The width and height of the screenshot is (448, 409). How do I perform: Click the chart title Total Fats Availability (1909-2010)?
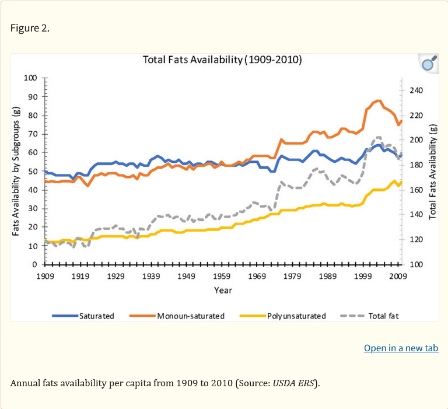point(222,60)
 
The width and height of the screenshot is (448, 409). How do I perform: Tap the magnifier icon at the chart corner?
point(429,64)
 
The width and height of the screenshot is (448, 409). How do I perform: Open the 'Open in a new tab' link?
point(401,348)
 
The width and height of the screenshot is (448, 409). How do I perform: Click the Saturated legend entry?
point(83,316)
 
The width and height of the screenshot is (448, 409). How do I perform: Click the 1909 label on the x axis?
point(45,275)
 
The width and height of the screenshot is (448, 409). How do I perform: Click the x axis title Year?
point(222,290)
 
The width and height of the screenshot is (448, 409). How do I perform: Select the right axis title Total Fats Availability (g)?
point(433,171)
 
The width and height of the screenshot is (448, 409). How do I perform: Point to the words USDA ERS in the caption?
point(294,383)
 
